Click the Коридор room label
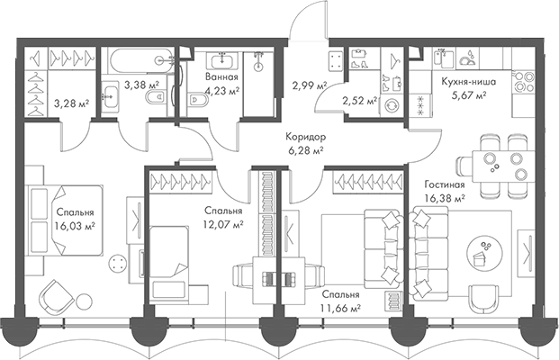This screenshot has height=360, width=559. click(305, 137)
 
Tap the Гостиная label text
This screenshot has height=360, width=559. click(445, 184)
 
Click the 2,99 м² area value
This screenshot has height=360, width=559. click(310, 85)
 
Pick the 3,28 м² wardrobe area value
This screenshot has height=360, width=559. click(72, 103)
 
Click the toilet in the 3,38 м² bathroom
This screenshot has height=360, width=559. click(155, 96)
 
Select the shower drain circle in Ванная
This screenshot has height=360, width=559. click(259, 67)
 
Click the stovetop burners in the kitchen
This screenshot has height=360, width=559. click(523, 82)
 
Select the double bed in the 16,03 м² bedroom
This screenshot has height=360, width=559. click(67, 220)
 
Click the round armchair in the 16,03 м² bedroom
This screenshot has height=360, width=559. click(57, 296)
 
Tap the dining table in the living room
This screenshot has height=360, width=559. click(503, 166)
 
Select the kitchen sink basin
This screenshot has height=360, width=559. click(444, 58)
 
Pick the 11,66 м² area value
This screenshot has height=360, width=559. click(340, 307)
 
